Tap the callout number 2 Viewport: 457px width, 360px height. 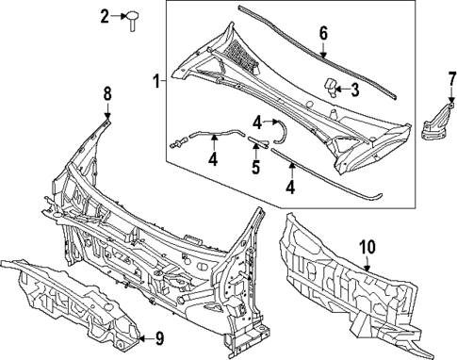105,15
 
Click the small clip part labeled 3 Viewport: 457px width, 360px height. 333,87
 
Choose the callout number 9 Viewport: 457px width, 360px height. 158,339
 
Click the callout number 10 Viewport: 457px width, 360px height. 367,247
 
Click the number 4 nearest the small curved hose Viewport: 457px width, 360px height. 256,121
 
